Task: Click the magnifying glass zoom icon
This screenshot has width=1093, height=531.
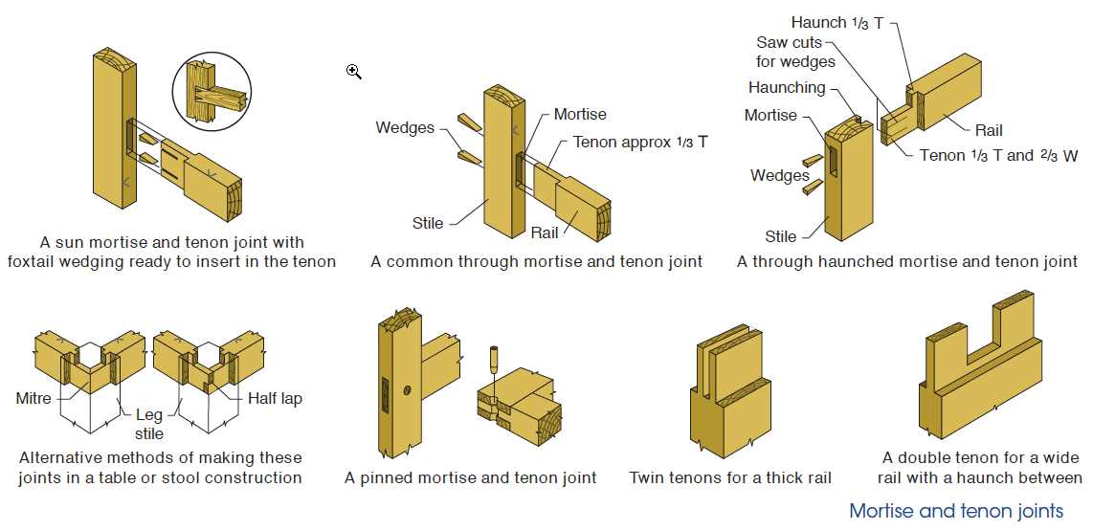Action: tap(354, 71)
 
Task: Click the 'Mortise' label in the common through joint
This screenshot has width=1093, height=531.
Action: tap(580, 115)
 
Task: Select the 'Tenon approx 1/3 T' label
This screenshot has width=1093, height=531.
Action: tap(640, 143)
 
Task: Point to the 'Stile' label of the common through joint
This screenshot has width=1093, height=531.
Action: tap(428, 223)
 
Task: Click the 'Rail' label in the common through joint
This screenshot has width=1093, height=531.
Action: tap(544, 232)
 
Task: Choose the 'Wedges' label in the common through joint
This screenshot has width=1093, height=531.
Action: tap(405, 128)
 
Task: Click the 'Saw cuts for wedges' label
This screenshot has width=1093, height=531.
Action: tap(796, 52)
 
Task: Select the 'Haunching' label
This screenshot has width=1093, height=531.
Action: tap(787, 88)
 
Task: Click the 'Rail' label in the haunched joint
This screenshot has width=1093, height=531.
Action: tap(989, 131)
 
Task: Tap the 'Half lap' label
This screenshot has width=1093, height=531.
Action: tap(275, 398)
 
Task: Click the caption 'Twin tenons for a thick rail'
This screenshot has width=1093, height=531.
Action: tap(730, 477)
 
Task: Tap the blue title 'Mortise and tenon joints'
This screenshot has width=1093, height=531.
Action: tap(956, 511)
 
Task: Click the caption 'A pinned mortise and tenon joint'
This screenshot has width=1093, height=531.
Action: tap(471, 477)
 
